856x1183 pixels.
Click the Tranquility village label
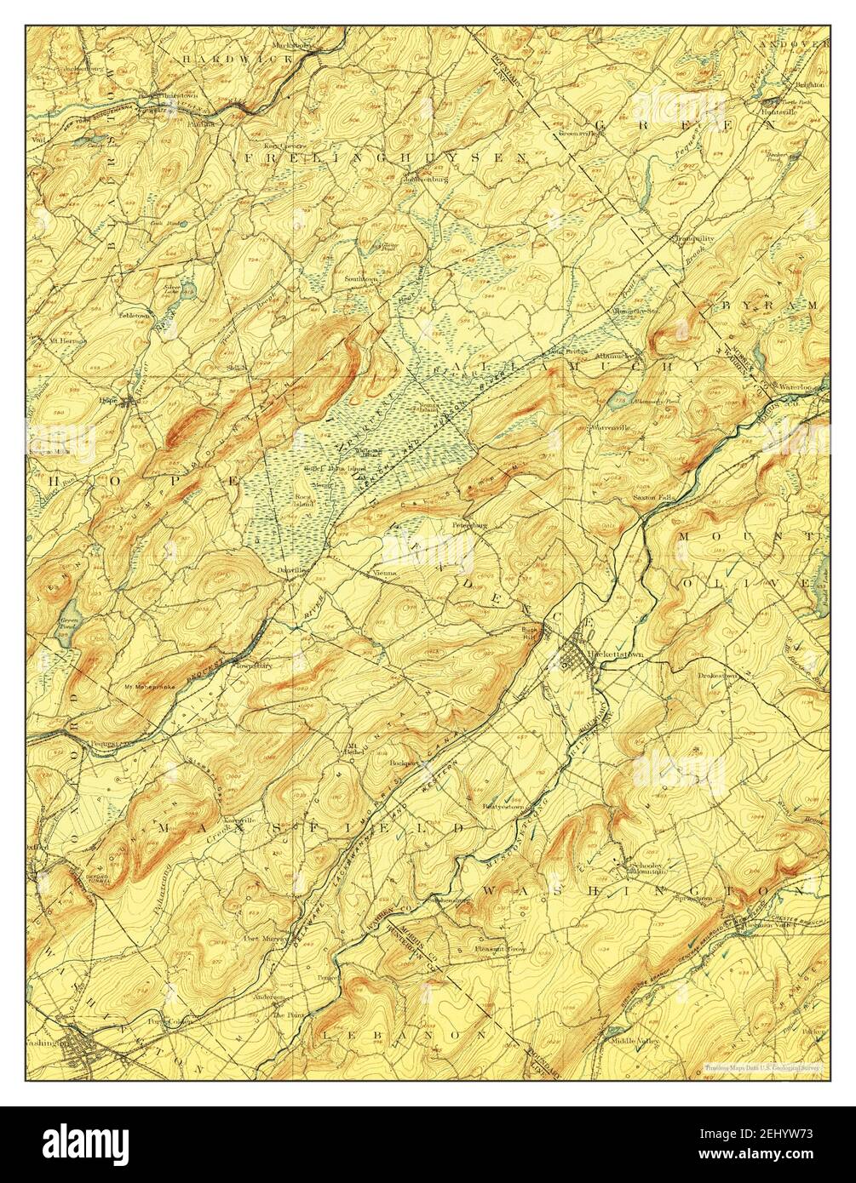(693, 239)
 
